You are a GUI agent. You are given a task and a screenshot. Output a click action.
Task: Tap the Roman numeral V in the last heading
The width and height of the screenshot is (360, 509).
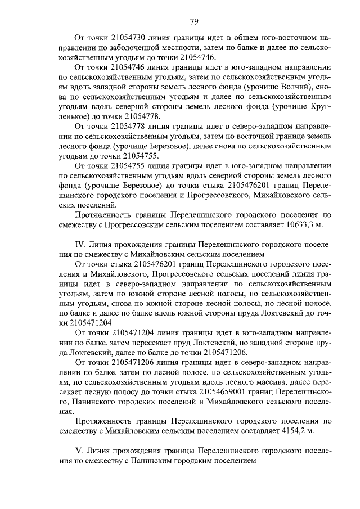point(79,451)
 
